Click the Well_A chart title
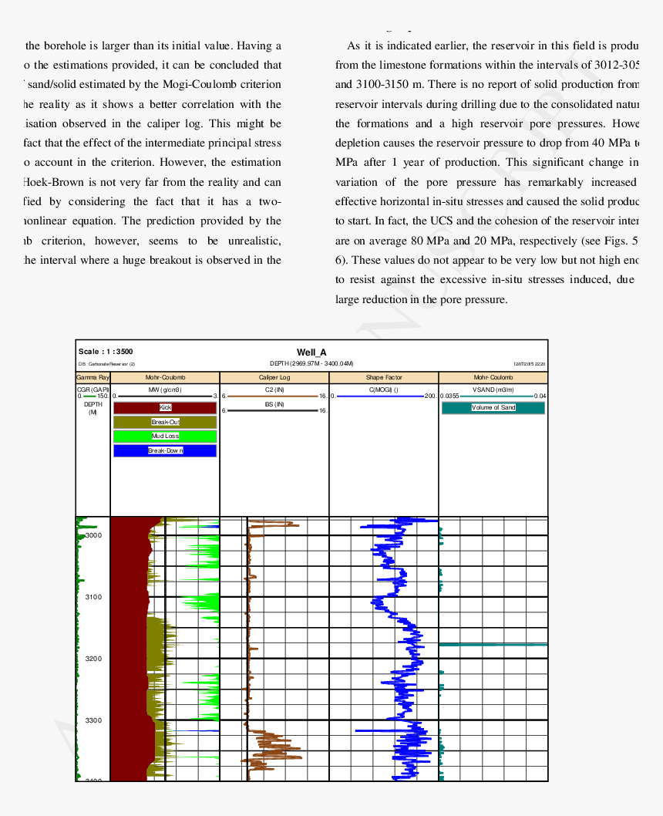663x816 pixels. (311, 352)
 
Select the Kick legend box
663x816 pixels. (165, 407)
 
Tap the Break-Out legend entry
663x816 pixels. (165, 422)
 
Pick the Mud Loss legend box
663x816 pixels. (165, 436)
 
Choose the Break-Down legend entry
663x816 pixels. (165, 450)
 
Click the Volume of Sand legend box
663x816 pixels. (493, 407)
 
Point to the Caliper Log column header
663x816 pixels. (274, 378)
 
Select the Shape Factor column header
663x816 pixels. (384, 378)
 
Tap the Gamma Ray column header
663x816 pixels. (93, 378)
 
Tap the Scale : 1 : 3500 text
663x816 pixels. (106, 352)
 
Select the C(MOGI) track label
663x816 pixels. (384, 389)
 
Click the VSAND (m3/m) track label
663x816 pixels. (493, 389)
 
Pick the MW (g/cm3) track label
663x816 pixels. (165, 389)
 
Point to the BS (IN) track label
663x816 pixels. (274, 404)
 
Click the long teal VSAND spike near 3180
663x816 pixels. (493, 644)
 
